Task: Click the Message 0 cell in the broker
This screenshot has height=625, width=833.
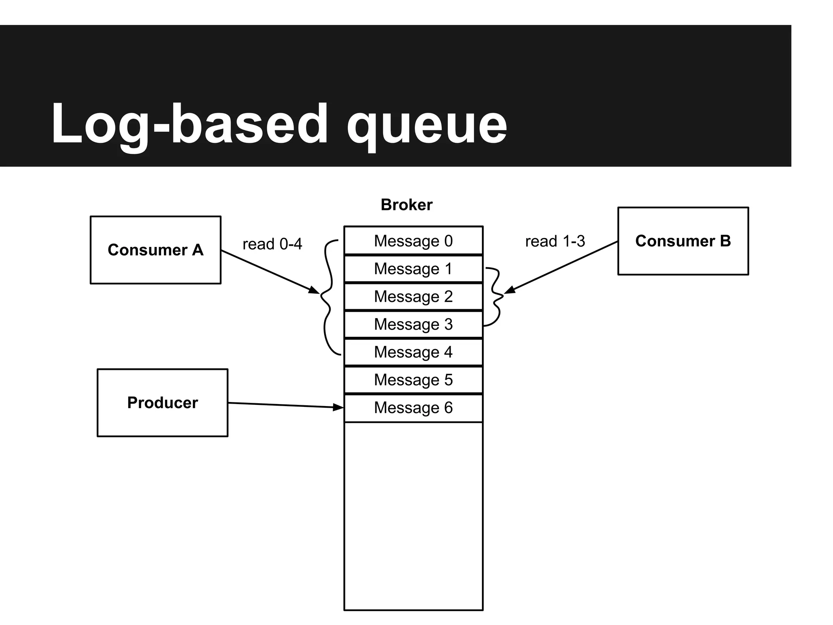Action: [x=413, y=241]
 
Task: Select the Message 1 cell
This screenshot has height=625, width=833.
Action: [x=413, y=269]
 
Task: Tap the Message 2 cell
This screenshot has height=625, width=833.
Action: [x=413, y=297]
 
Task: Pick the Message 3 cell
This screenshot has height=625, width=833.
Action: [x=413, y=324]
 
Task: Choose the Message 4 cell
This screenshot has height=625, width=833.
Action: [x=413, y=352]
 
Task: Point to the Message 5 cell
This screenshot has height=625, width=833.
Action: [x=413, y=380]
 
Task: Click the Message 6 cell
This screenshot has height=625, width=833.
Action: [x=413, y=408]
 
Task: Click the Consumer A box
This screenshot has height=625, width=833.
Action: [x=155, y=250]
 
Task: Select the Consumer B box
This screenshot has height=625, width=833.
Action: [x=683, y=241]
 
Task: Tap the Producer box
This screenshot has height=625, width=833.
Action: [x=162, y=403]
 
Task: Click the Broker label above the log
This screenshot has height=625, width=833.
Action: [x=406, y=205]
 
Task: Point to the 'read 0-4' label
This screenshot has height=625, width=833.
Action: [x=272, y=244]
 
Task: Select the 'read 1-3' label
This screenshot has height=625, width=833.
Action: [x=555, y=241]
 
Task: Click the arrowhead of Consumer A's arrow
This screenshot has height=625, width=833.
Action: [x=315, y=291]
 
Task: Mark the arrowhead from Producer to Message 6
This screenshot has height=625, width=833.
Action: [x=339, y=407]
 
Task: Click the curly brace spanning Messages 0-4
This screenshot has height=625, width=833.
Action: [x=328, y=297]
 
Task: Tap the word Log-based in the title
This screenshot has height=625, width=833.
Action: [x=189, y=124]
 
